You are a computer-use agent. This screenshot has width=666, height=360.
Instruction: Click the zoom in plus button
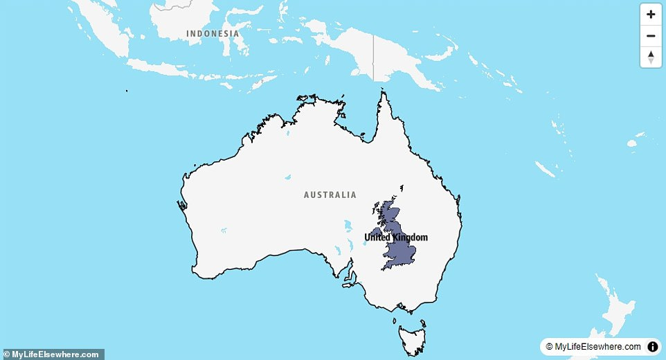(651, 14)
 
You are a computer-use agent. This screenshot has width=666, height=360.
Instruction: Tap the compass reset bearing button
(651, 57)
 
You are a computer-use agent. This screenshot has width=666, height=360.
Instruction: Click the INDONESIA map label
(213, 33)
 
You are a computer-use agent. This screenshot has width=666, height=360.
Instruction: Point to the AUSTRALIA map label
(330, 195)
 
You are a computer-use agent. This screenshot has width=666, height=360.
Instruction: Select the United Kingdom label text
(396, 237)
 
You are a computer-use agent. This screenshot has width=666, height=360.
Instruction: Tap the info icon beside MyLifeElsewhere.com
(652, 347)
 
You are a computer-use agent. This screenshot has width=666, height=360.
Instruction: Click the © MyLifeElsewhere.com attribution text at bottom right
(593, 347)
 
